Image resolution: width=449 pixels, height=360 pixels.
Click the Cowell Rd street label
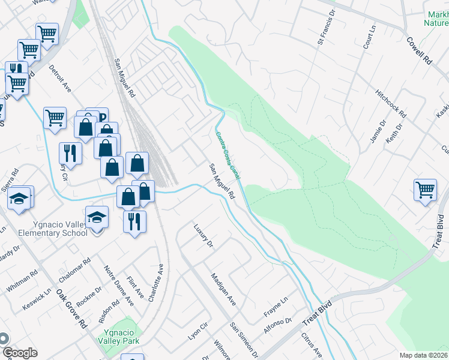coord(419,51)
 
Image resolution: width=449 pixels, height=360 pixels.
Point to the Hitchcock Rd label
coord(391,104)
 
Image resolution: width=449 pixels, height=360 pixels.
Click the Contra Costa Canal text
coord(228,155)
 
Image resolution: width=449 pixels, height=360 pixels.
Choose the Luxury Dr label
coord(203,236)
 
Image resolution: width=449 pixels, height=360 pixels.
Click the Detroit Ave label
coord(61,79)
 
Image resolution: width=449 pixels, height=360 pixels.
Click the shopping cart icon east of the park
coord(425,190)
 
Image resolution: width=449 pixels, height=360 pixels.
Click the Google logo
coord(19,353)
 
